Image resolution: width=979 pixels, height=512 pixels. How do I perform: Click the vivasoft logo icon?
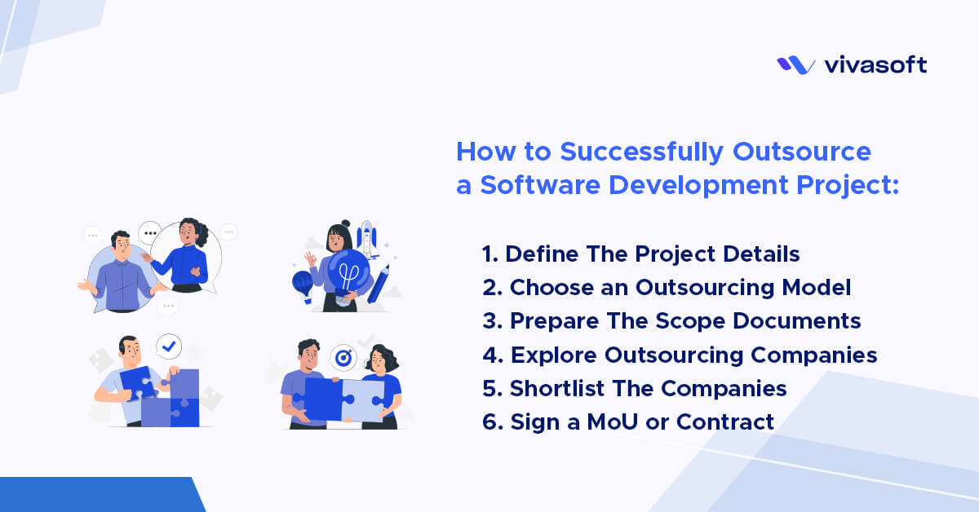click(x=795, y=65)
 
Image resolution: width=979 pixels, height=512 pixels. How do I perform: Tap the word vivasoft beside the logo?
click(x=875, y=65)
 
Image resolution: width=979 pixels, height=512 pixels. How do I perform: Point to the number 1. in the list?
click(x=489, y=254)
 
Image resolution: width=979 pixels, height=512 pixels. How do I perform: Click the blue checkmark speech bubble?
click(x=169, y=347)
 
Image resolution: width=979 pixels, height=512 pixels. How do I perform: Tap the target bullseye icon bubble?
click(x=343, y=357)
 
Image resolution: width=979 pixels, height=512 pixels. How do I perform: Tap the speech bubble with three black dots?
click(x=148, y=233)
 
